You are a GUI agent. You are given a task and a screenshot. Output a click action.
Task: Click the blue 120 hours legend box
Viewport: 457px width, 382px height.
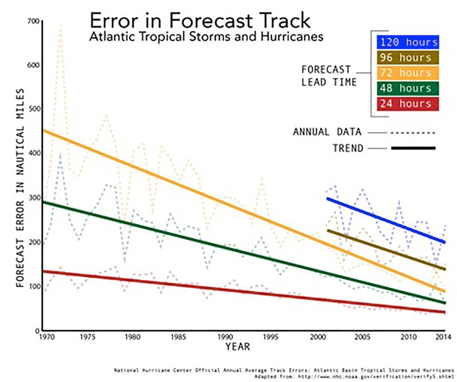coord(407,42)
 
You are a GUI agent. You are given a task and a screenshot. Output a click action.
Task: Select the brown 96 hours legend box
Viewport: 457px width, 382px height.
coord(407,58)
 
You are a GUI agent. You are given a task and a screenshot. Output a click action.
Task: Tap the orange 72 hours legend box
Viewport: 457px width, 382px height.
coord(407,73)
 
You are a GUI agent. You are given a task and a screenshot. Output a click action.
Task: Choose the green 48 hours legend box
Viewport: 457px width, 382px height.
coord(407,89)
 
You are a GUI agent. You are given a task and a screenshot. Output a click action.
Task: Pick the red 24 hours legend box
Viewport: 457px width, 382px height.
coord(407,104)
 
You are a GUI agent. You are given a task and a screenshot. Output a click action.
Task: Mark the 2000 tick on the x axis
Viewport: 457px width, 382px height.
coord(318,337)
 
